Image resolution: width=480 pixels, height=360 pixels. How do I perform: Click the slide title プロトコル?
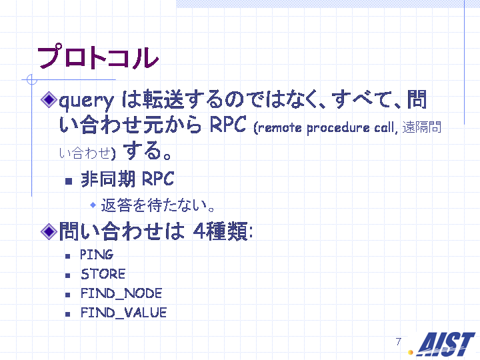pyautogui.click(x=98, y=57)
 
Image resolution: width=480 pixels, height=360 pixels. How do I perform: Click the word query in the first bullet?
pyautogui.click(x=86, y=101)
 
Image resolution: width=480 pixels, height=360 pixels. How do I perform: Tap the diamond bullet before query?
pyautogui.click(x=49, y=99)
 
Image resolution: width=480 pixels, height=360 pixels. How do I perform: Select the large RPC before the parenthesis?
pyautogui.click(x=228, y=125)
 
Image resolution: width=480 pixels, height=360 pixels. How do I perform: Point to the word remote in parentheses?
pyautogui.click(x=280, y=127)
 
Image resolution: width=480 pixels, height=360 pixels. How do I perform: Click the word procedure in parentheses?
pyautogui.click(x=338, y=128)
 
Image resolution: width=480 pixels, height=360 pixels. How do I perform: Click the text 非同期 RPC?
pyautogui.click(x=127, y=179)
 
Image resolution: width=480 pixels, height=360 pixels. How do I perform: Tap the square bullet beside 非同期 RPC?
pyautogui.click(x=69, y=181)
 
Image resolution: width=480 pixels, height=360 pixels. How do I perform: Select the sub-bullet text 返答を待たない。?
pyautogui.click(x=157, y=205)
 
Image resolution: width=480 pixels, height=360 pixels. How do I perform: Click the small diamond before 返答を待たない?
pyautogui.click(x=93, y=205)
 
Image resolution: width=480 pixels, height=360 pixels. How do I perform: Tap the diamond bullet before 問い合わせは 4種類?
pyautogui.click(x=49, y=231)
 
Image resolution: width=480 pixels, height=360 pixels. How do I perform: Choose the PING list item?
pyautogui.click(x=97, y=255)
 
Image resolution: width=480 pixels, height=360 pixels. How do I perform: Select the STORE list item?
pyautogui.click(x=103, y=274)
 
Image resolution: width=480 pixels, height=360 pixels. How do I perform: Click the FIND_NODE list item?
pyautogui.click(x=121, y=293)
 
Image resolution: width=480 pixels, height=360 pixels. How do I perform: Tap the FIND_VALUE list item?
pyautogui.click(x=124, y=313)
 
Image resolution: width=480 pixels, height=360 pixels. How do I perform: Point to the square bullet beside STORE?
pyautogui.click(x=67, y=275)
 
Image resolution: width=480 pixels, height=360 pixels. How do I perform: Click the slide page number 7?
pyautogui.click(x=398, y=341)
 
